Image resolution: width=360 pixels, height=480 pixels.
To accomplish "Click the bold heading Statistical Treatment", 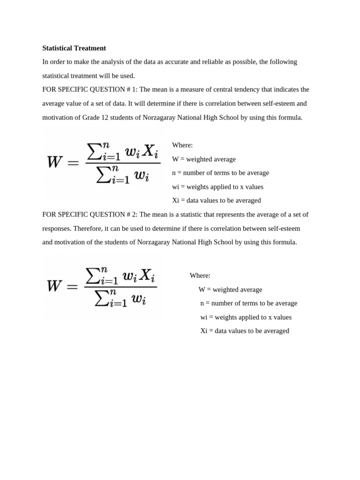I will (74, 48).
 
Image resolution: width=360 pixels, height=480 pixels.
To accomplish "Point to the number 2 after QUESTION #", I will (135, 215).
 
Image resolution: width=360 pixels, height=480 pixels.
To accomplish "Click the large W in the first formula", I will (55, 163).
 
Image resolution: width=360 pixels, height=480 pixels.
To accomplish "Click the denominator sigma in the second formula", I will (101, 298).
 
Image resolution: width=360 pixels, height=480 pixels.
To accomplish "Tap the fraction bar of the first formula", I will (123, 163).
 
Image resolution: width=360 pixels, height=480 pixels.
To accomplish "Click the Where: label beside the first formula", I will (182, 145).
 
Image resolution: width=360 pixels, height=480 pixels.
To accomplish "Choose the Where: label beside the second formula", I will (200, 276).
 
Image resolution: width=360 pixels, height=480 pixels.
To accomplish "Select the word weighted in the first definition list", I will (199, 159).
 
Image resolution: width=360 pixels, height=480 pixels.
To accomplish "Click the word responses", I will (57, 228).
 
